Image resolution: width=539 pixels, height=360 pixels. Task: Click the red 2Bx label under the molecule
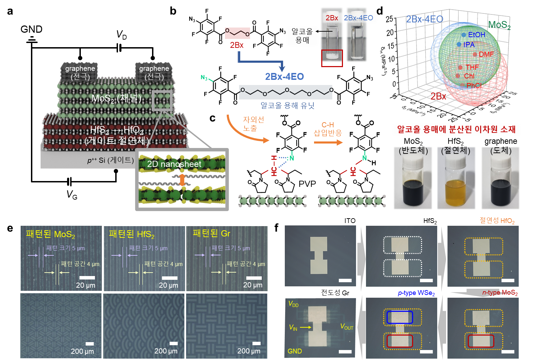[x=237, y=45]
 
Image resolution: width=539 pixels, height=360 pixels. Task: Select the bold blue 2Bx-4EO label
[x=284, y=76]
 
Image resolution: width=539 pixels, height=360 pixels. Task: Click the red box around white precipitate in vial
[x=332, y=58]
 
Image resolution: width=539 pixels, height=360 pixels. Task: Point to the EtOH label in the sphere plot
[x=476, y=35]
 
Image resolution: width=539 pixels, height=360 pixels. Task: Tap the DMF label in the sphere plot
[x=486, y=54]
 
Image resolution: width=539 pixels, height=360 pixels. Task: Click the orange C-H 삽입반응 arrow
[x=328, y=142]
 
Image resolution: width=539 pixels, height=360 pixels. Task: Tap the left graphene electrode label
[x=80, y=72]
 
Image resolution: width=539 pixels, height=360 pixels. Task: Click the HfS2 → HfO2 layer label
[x=117, y=135]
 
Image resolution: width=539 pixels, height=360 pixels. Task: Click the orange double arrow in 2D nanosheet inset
[x=182, y=180]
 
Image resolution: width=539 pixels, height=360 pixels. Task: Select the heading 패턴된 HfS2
[x=131, y=234]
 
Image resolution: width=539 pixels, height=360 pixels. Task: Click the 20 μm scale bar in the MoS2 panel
[x=87, y=278]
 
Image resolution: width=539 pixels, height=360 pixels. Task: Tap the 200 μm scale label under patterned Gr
[x=248, y=351]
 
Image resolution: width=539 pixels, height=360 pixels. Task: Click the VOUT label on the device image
[x=347, y=327]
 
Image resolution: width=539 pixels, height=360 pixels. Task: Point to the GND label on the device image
[x=295, y=351]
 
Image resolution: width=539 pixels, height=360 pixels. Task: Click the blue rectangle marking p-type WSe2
[x=400, y=317]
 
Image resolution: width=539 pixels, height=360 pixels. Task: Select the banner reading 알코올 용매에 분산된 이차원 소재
[x=456, y=129]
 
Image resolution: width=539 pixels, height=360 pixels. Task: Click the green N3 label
[x=204, y=78]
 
